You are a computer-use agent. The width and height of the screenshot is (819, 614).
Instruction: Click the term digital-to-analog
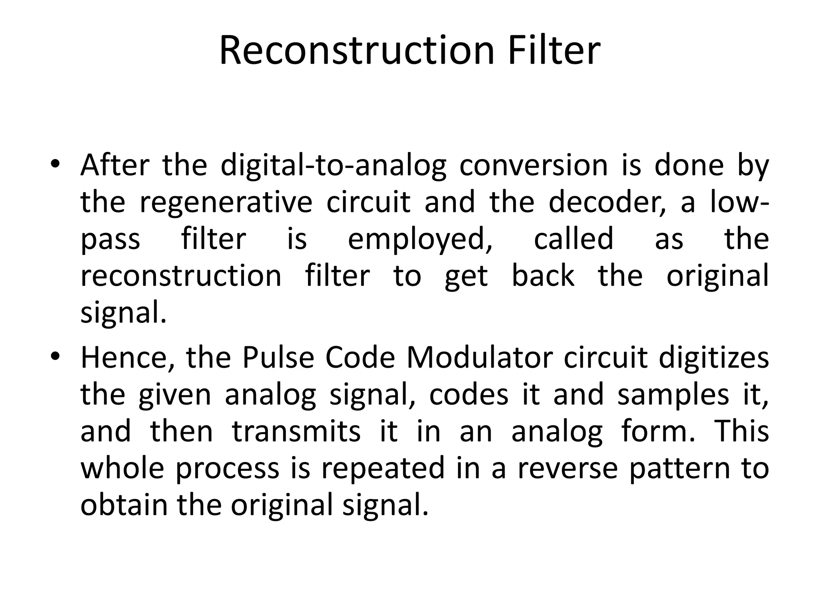point(333,165)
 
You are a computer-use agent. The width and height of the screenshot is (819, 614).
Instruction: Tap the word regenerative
point(226,203)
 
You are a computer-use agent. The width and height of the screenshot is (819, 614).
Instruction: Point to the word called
point(573,239)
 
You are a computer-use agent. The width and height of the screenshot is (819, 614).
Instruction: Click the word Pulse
point(278,357)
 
